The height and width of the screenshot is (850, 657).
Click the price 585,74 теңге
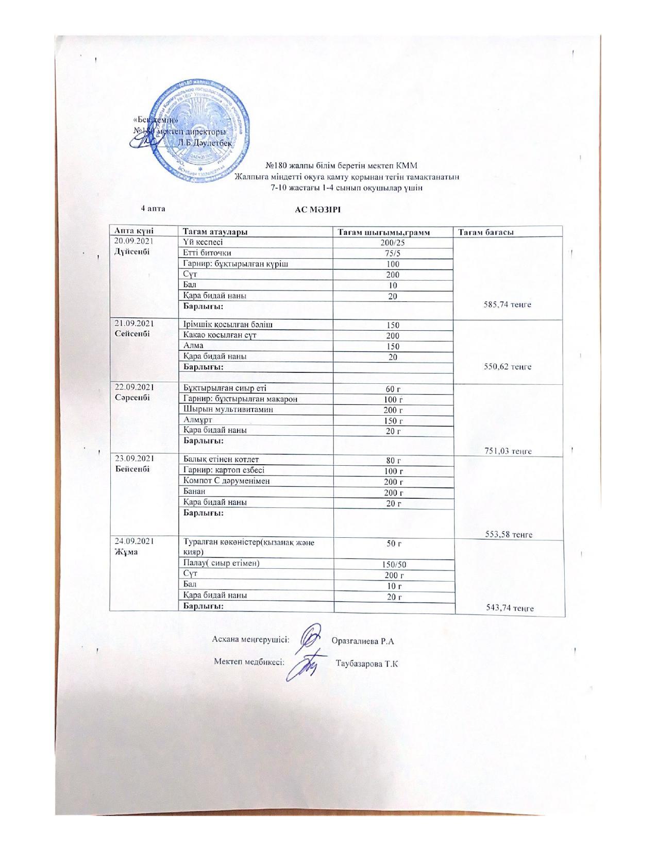tap(508, 304)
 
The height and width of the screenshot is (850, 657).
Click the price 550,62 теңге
tap(508, 367)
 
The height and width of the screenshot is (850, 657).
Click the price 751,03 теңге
tap(508, 451)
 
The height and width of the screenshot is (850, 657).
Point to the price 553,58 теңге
tap(509, 534)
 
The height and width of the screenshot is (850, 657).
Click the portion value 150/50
tap(394, 565)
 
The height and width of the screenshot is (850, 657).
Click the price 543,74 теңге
tap(510, 608)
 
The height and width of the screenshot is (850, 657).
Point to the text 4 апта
tap(153, 208)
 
